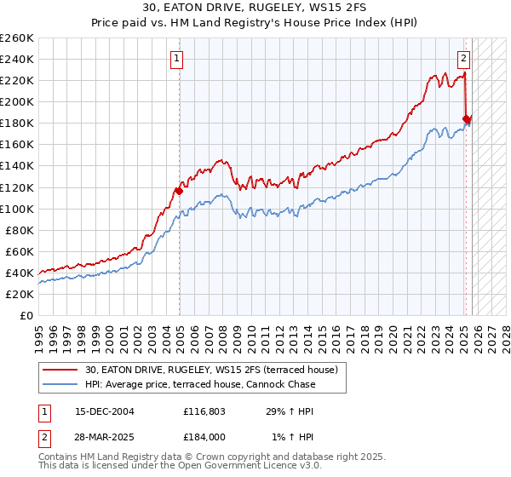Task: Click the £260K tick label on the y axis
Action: (16, 38)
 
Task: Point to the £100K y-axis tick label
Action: (16, 209)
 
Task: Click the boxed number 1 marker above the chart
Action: (176, 59)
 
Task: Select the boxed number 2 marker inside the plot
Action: (463, 59)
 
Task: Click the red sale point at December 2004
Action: (179, 191)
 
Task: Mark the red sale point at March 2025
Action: (466, 119)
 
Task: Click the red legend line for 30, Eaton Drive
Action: (59, 370)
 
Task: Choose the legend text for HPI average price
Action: (200, 384)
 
